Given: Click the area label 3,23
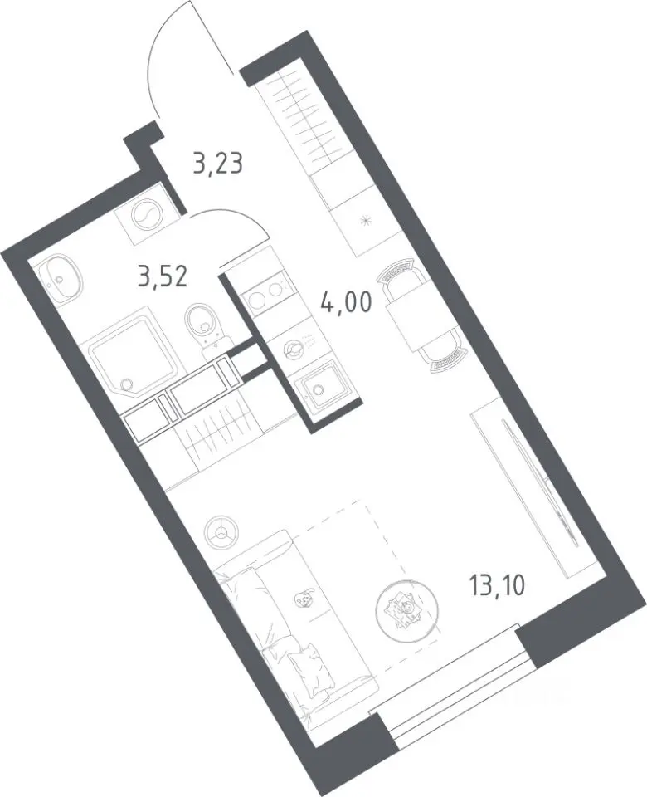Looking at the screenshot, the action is [218, 164].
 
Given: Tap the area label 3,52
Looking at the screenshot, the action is [163, 277].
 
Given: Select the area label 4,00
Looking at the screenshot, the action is [347, 303].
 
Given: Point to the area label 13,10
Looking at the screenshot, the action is [497, 587].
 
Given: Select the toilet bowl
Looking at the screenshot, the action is [206, 325].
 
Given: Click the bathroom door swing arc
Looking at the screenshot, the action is [231, 218].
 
